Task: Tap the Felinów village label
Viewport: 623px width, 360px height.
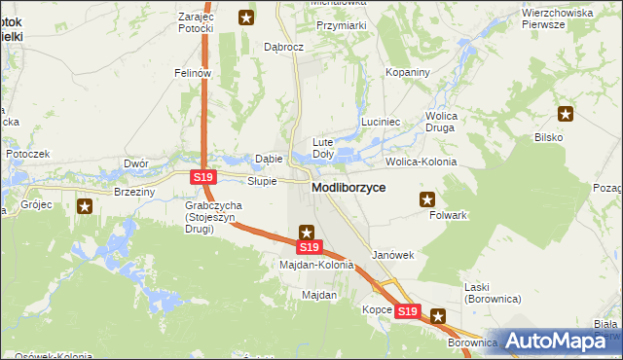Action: point(193,73)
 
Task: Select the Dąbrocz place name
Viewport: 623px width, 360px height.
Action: point(285,46)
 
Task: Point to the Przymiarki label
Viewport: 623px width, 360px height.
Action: point(342,26)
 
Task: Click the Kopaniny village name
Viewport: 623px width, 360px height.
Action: point(408,73)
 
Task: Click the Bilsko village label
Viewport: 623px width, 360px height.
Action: point(549,137)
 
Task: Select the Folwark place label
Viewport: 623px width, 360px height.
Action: point(449,215)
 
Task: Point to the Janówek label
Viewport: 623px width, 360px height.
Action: point(393,255)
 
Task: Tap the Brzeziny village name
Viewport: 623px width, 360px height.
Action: point(134,192)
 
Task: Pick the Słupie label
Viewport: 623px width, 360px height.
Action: point(262,181)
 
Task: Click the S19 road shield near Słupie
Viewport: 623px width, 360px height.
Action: point(202,177)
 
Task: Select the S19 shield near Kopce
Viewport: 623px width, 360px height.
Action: point(408,312)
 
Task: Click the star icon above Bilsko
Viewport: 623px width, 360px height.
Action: point(566,115)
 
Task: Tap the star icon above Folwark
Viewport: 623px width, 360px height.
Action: point(426,199)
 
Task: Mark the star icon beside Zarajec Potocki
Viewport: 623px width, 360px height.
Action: point(247,17)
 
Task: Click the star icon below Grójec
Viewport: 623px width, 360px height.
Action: point(85,205)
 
